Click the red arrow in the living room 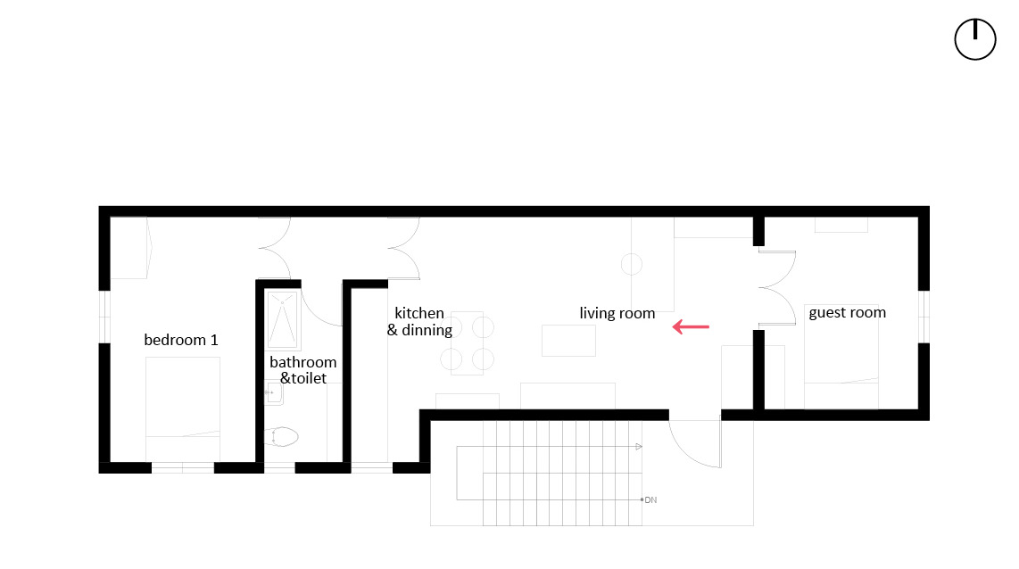[x=691, y=327]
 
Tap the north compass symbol [x=974, y=40]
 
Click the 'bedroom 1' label [x=181, y=340]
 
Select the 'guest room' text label [x=847, y=312]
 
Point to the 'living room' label [x=617, y=313]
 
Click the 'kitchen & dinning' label [x=419, y=321]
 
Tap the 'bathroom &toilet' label [x=302, y=370]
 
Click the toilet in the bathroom [x=282, y=437]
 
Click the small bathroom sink [x=270, y=391]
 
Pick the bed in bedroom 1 [x=183, y=397]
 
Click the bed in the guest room [x=841, y=357]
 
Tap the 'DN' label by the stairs [x=650, y=500]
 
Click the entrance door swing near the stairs [x=696, y=443]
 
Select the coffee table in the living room [x=568, y=340]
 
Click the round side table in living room [x=632, y=264]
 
